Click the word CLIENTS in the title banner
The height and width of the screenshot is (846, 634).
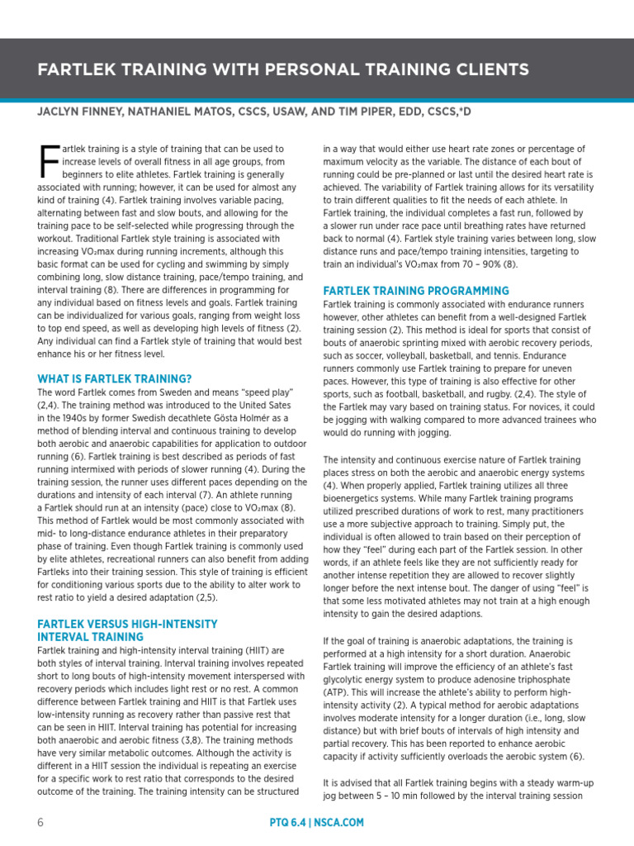(485, 69)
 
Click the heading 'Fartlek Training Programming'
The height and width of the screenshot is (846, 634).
(416, 291)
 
